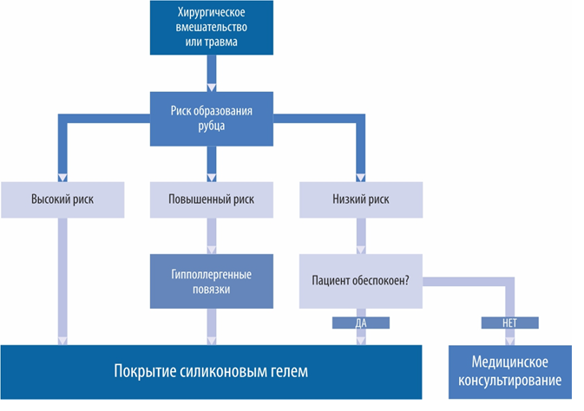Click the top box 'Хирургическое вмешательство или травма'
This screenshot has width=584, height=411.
pyautogui.click(x=211, y=29)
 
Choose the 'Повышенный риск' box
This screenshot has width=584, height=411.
pyautogui.click(x=211, y=199)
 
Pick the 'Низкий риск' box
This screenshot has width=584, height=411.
pyautogui.click(x=359, y=199)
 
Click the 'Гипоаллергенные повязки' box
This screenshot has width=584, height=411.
pyautogui.click(x=211, y=282)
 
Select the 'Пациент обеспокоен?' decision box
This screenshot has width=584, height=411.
pyautogui.click(x=359, y=282)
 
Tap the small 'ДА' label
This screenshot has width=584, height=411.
pyautogui.click(x=360, y=323)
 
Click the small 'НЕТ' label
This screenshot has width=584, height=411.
pyautogui.click(x=509, y=323)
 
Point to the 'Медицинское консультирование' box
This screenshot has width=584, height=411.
pyautogui.click(x=510, y=371)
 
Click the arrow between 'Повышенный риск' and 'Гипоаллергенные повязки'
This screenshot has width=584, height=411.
pyautogui.click(x=211, y=234)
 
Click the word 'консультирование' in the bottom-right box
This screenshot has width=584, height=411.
pyautogui.click(x=510, y=381)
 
